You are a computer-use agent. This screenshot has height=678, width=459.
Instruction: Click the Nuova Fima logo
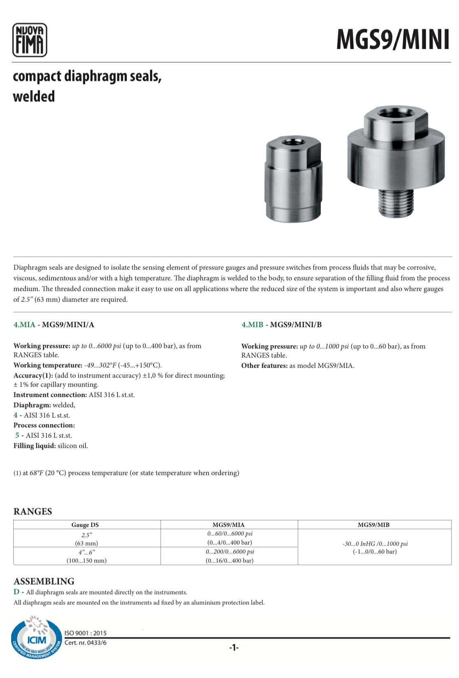(x=30, y=40)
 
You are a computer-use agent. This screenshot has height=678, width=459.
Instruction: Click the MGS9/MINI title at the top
(x=393, y=40)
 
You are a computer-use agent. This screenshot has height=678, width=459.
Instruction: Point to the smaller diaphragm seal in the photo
(x=293, y=180)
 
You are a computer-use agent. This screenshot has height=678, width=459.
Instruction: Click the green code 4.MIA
(x=24, y=325)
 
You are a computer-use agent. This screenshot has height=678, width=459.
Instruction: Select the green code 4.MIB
(x=252, y=325)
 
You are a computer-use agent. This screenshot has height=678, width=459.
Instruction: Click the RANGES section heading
(x=33, y=512)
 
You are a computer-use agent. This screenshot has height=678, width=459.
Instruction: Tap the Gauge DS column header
(x=85, y=525)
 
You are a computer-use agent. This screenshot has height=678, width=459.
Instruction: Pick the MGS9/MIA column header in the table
(x=228, y=525)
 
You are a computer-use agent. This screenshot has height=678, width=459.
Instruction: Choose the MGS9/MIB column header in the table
(x=373, y=525)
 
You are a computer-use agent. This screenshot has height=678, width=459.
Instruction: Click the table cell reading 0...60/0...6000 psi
(x=230, y=534)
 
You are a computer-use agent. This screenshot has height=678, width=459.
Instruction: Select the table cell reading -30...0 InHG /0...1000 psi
(x=375, y=544)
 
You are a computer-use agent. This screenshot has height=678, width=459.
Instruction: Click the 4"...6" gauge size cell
(x=87, y=552)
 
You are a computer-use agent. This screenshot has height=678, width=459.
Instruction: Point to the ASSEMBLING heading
(x=44, y=581)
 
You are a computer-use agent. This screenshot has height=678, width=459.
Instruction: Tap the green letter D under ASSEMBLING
(x=16, y=592)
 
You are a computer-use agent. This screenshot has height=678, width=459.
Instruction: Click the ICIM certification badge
(x=36, y=638)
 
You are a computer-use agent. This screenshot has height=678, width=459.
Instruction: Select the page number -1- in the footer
(x=234, y=648)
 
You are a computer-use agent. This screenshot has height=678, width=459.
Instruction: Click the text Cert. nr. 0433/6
(x=86, y=643)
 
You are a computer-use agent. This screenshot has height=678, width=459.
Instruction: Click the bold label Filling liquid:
(x=35, y=446)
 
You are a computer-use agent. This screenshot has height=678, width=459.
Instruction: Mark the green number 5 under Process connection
(x=17, y=435)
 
